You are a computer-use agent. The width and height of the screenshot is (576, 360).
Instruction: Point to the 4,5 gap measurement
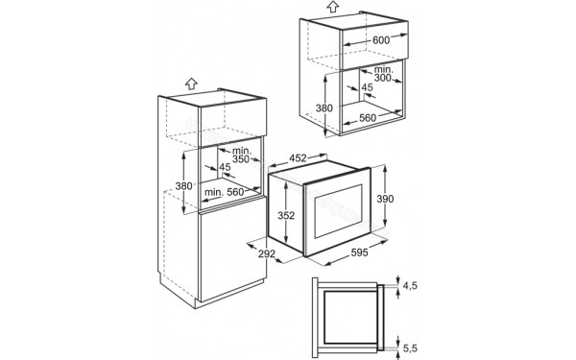tap(411, 285)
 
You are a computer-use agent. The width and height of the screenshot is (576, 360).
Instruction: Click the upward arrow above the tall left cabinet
tap(190, 84)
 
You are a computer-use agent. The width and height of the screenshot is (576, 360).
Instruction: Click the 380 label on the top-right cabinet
tap(324, 108)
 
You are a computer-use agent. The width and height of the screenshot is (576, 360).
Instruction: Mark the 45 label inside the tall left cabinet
tap(225, 168)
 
